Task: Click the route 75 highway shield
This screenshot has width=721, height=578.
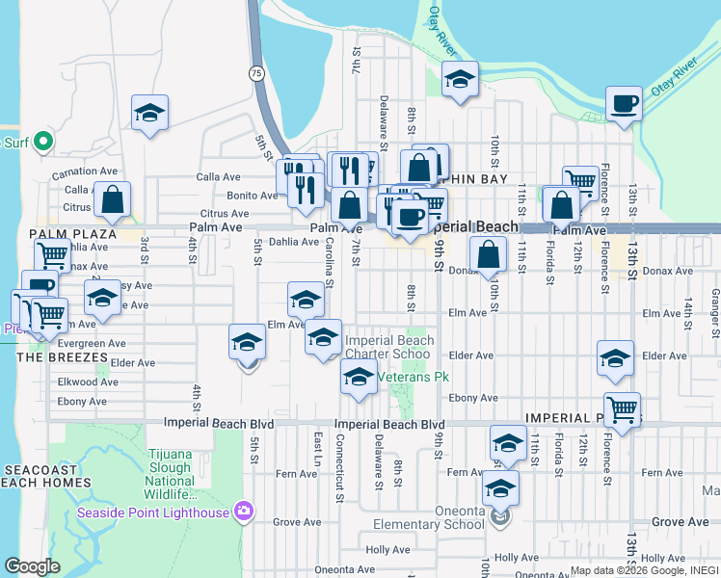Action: pos(254,73)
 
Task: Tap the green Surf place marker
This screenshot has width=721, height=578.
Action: pos(42,144)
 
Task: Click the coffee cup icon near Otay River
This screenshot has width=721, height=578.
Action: pos(624,103)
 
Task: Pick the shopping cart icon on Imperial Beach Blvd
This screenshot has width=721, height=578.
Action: pos(622,410)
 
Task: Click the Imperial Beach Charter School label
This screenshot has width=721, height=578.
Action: pos(388,347)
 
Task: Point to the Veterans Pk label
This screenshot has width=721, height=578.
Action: pos(415,377)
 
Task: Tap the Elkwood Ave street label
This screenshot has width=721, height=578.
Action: pos(88,382)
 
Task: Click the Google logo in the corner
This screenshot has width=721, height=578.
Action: pos(32,566)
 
